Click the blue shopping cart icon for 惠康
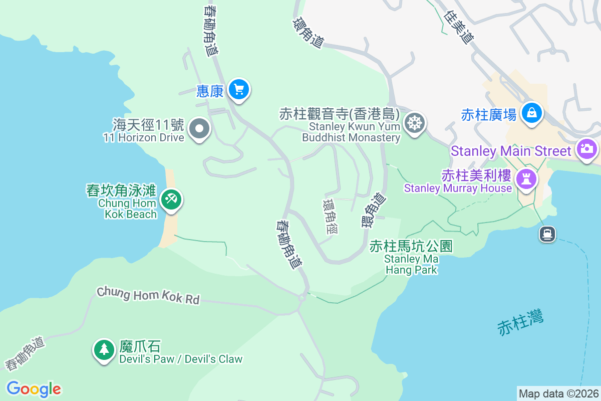click(x=239, y=90)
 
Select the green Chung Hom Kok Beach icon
click(x=171, y=200)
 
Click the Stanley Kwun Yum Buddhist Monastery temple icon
click(x=415, y=123)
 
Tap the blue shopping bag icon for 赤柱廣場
click(x=532, y=113)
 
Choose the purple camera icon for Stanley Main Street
click(x=587, y=149)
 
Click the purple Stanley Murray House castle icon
click(x=526, y=178)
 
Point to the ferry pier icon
click(x=547, y=234)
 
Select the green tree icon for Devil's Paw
click(x=104, y=349)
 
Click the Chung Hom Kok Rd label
click(x=148, y=295)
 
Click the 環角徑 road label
click(x=331, y=217)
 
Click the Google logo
click(x=34, y=389)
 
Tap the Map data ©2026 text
click(x=558, y=393)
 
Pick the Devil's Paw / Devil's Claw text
click(x=181, y=359)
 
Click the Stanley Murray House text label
click(x=458, y=188)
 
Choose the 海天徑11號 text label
click(x=148, y=124)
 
